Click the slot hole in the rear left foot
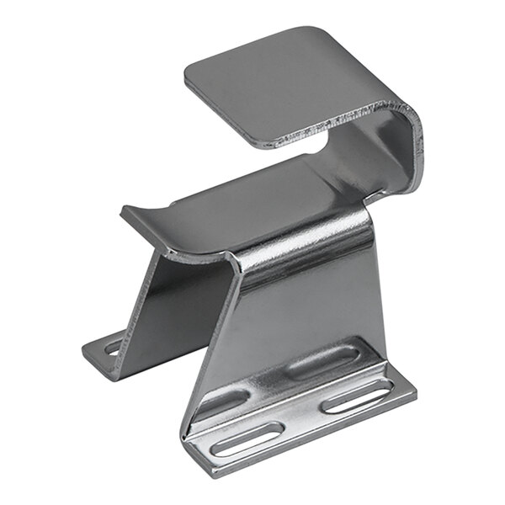click(x=112, y=345)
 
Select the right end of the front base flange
click(x=414, y=394)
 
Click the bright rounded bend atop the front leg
click(x=303, y=240)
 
